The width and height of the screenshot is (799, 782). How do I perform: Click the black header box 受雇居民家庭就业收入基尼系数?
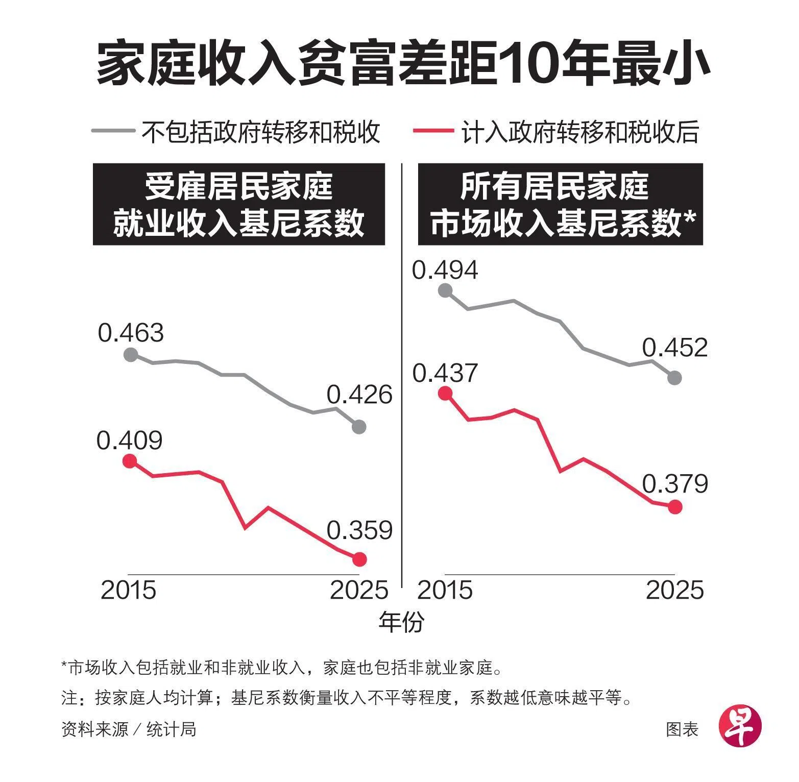pos(238,204)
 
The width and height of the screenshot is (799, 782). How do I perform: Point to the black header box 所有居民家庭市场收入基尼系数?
pos(560,204)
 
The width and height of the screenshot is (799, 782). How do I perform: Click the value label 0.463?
pos(131,333)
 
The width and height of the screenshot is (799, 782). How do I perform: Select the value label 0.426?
pos(359,395)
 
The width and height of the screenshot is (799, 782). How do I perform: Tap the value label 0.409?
pos(129,440)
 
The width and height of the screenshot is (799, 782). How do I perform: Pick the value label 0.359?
pos(359,530)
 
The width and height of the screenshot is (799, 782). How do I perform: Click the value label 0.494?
pos(445,270)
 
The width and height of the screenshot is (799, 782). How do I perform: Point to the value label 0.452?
pos(674,348)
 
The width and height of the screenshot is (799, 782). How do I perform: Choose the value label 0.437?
pos(445,373)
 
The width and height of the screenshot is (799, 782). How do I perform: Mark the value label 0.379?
pos(675,483)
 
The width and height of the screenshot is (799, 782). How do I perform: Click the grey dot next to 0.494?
pos(445,290)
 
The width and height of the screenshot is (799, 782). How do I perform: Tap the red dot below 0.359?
pos(360,559)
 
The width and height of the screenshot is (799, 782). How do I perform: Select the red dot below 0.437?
pos(445,393)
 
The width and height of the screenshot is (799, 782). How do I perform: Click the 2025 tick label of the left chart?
pos(359,590)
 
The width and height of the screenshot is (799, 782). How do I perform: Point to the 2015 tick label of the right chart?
pos(445,590)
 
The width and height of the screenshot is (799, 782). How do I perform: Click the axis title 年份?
pos(401,622)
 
